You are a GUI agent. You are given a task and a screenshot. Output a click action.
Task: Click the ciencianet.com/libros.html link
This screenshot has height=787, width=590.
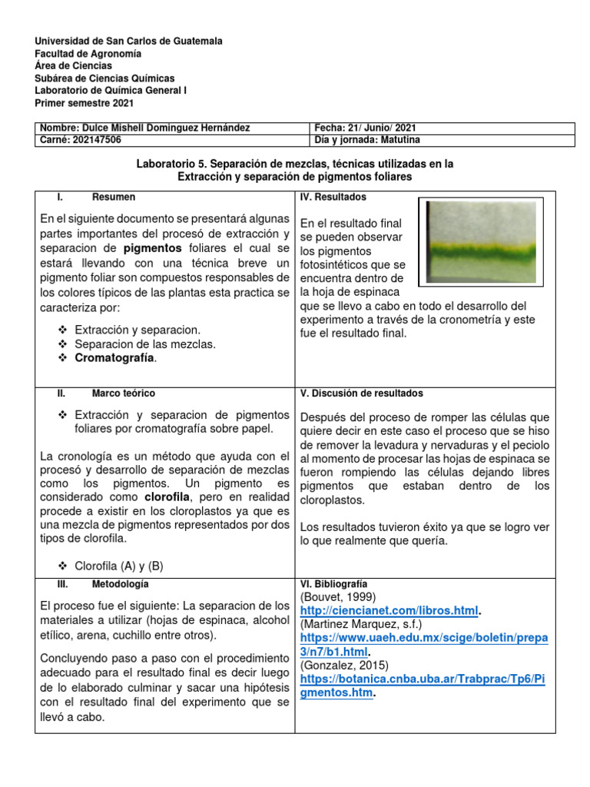pos(389,609)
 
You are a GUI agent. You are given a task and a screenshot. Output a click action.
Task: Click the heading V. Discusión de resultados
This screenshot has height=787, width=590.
pos(361,393)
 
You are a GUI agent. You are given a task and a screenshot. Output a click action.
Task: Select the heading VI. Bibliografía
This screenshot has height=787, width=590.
pos(333,584)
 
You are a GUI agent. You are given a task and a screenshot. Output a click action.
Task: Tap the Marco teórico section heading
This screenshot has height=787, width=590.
pos(123,393)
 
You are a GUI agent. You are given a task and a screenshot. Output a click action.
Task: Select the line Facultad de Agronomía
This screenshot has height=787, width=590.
pos(88,54)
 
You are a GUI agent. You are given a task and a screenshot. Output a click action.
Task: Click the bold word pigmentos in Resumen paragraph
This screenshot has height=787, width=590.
pos(153,248)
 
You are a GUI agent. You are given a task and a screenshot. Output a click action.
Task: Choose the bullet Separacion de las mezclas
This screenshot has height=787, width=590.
pos(145,344)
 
